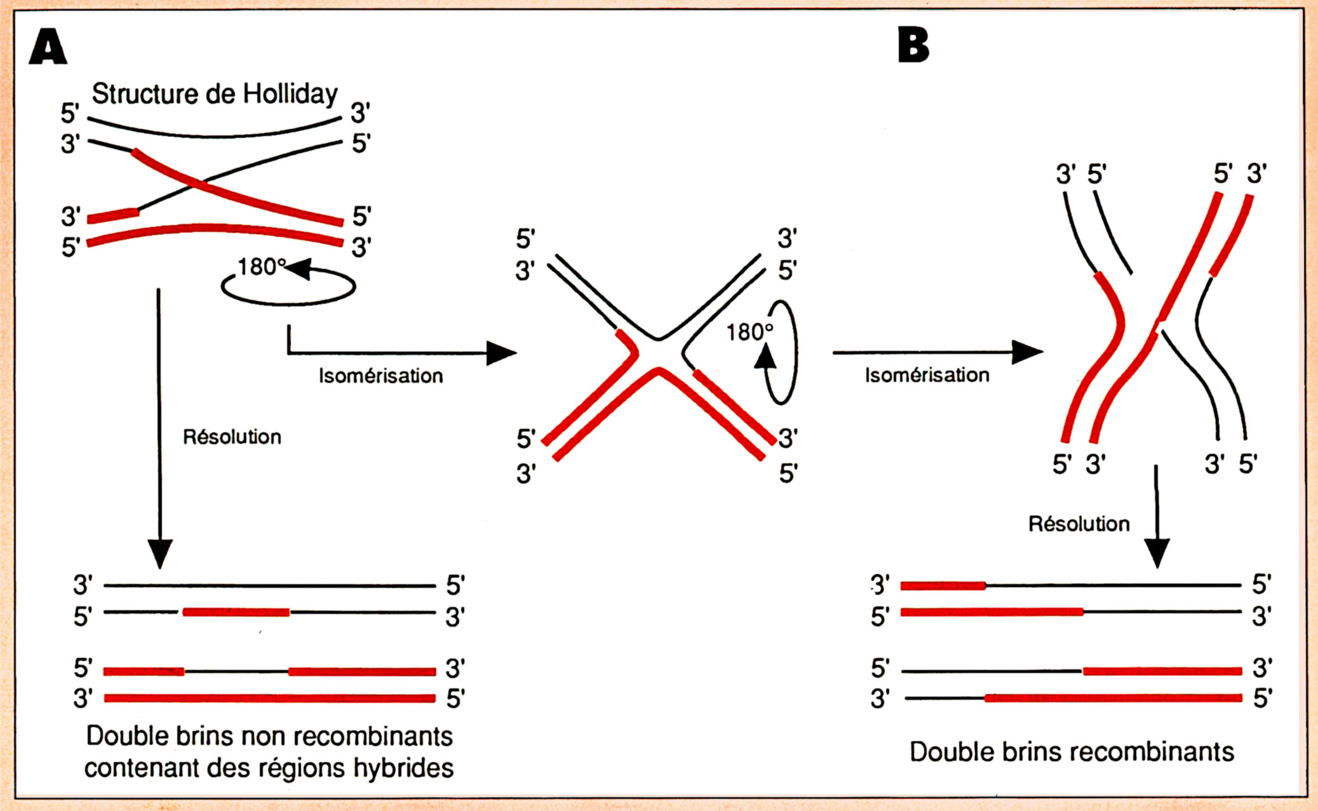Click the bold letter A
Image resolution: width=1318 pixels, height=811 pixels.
tap(48, 47)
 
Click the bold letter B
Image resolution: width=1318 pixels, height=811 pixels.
tap(913, 46)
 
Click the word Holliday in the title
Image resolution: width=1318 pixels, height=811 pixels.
tap(290, 94)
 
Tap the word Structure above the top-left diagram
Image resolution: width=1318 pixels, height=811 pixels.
tap(145, 94)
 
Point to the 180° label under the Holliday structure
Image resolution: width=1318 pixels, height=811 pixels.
tap(260, 266)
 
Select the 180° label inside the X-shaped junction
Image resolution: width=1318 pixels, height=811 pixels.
tap(750, 332)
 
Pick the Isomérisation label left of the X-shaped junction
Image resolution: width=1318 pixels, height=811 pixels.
tap(380, 376)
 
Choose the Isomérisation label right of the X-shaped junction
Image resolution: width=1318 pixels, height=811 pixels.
tap(927, 375)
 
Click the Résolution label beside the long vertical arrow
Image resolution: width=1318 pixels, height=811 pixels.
tap(232, 437)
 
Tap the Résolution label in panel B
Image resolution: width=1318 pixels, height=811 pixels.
tap(1079, 524)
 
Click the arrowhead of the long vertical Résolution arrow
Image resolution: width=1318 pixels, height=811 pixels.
tap(159, 553)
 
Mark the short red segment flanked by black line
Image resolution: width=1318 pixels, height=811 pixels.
tap(236, 612)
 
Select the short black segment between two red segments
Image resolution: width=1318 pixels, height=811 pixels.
tap(236, 671)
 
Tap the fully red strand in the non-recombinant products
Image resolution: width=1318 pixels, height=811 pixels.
tap(269, 699)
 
